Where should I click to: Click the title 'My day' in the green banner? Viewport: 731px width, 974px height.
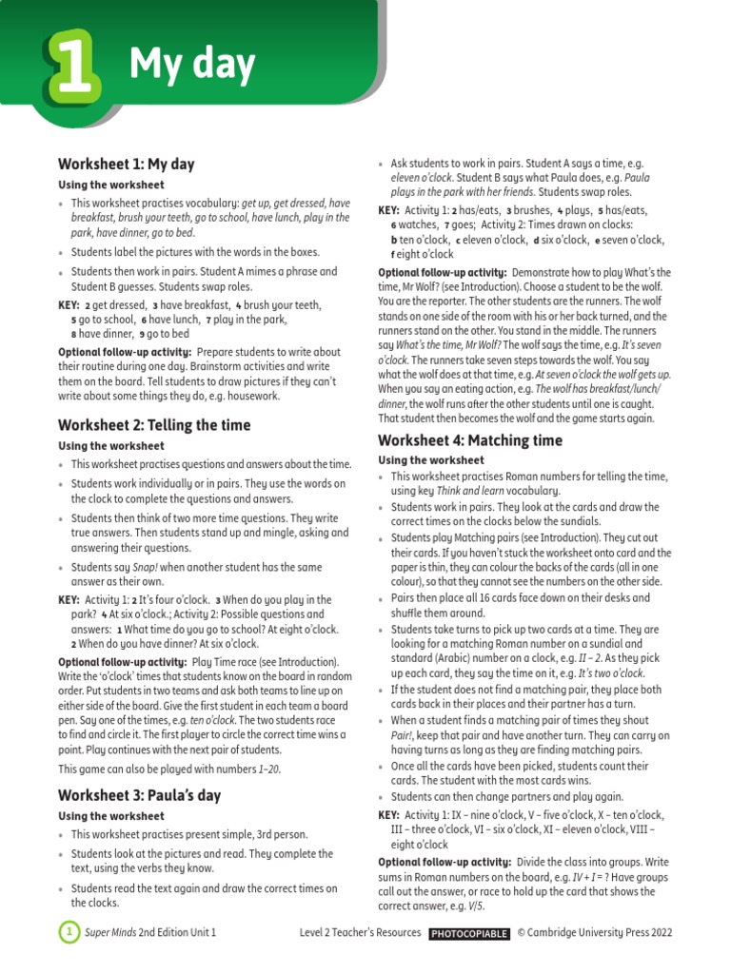[191, 64]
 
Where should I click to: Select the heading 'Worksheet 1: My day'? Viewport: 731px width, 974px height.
[126, 164]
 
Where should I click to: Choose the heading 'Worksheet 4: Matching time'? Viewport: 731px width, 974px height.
[470, 440]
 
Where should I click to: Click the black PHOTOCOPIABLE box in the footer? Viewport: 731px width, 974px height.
[468, 933]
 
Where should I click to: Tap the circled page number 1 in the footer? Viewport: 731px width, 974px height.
[69, 933]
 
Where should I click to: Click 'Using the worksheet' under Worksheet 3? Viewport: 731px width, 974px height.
[111, 816]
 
